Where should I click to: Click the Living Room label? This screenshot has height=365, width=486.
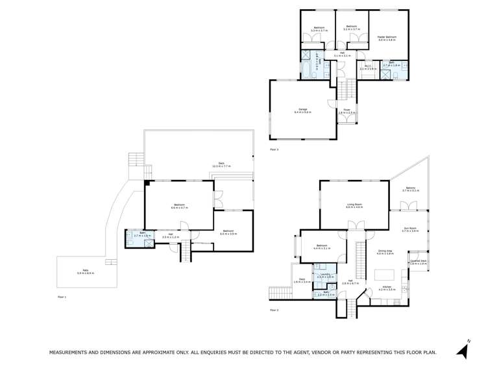coord(354,205)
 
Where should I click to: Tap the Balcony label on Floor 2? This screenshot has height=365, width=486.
coord(410,189)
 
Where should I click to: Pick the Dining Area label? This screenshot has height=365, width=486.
coord(386,252)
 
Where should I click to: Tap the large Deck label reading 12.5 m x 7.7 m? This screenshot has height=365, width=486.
coord(221,166)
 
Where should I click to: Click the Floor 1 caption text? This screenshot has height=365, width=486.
coord(62,296)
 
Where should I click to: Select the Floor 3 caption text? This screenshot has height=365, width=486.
coord(273,150)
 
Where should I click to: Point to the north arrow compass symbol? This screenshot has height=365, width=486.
coord(462,350)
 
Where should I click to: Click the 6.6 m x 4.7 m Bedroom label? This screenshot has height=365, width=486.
coord(179,207)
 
